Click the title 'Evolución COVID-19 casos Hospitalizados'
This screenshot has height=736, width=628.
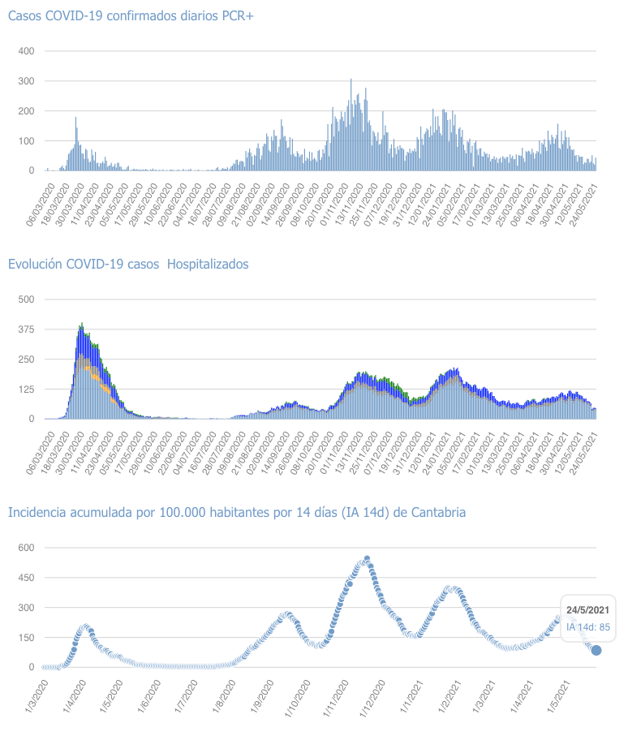tap(128, 265)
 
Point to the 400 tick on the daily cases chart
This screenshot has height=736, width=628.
tap(26, 51)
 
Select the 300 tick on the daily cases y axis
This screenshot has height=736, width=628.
tap(26, 81)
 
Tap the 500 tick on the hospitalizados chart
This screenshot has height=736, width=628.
tap(26, 299)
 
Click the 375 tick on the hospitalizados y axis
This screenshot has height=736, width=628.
tap(26, 329)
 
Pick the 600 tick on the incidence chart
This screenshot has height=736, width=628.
tap(26, 548)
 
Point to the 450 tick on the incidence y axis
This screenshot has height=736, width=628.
tap(26, 578)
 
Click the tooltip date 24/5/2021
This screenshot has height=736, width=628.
tap(587, 609)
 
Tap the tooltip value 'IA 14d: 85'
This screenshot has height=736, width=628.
tap(588, 626)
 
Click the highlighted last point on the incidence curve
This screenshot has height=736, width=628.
tap(596, 650)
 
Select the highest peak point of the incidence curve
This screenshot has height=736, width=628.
tap(367, 559)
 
